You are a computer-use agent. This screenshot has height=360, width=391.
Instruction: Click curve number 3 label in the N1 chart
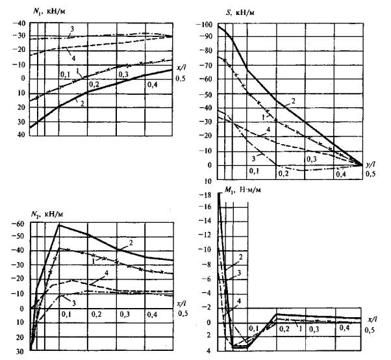point(73,30)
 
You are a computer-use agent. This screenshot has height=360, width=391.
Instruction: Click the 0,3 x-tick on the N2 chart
point(125,314)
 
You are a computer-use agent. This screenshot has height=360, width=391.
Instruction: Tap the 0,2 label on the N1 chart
point(94,85)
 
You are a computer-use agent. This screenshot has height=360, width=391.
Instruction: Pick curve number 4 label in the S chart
point(268,130)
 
